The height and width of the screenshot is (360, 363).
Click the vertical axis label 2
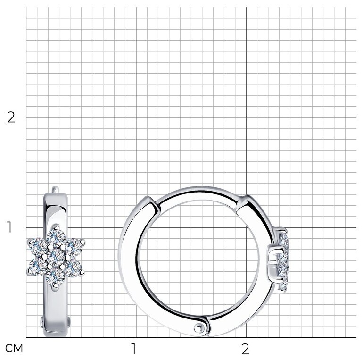click(x=11, y=117)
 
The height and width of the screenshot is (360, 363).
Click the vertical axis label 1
click(x=9, y=227)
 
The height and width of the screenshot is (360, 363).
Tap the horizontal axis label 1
click(x=133, y=349)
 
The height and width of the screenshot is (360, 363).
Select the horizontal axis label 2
click(x=245, y=349)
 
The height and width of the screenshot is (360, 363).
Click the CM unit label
click(x=14, y=348)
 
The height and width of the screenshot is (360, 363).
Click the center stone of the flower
click(x=56, y=257)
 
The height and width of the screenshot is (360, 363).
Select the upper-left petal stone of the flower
click(x=38, y=246)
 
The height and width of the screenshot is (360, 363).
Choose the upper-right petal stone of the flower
click(x=74, y=246)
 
